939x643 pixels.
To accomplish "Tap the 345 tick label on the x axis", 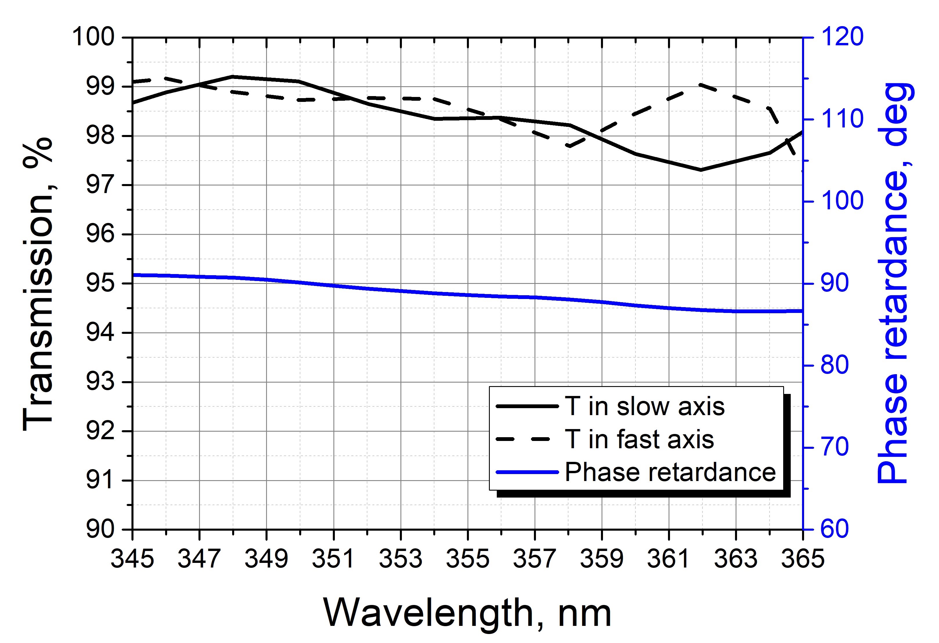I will click(x=133, y=559).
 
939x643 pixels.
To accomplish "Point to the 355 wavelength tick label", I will click(x=467, y=559).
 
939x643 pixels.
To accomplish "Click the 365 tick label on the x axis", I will click(x=802, y=559).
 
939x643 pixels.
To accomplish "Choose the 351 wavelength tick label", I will click(x=334, y=559).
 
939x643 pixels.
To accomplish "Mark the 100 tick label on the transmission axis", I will click(x=93, y=37).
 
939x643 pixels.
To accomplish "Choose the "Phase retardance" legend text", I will click(x=670, y=472).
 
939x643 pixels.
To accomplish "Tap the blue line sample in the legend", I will click(x=527, y=472).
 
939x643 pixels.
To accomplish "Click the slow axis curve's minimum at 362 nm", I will click(x=700, y=170).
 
